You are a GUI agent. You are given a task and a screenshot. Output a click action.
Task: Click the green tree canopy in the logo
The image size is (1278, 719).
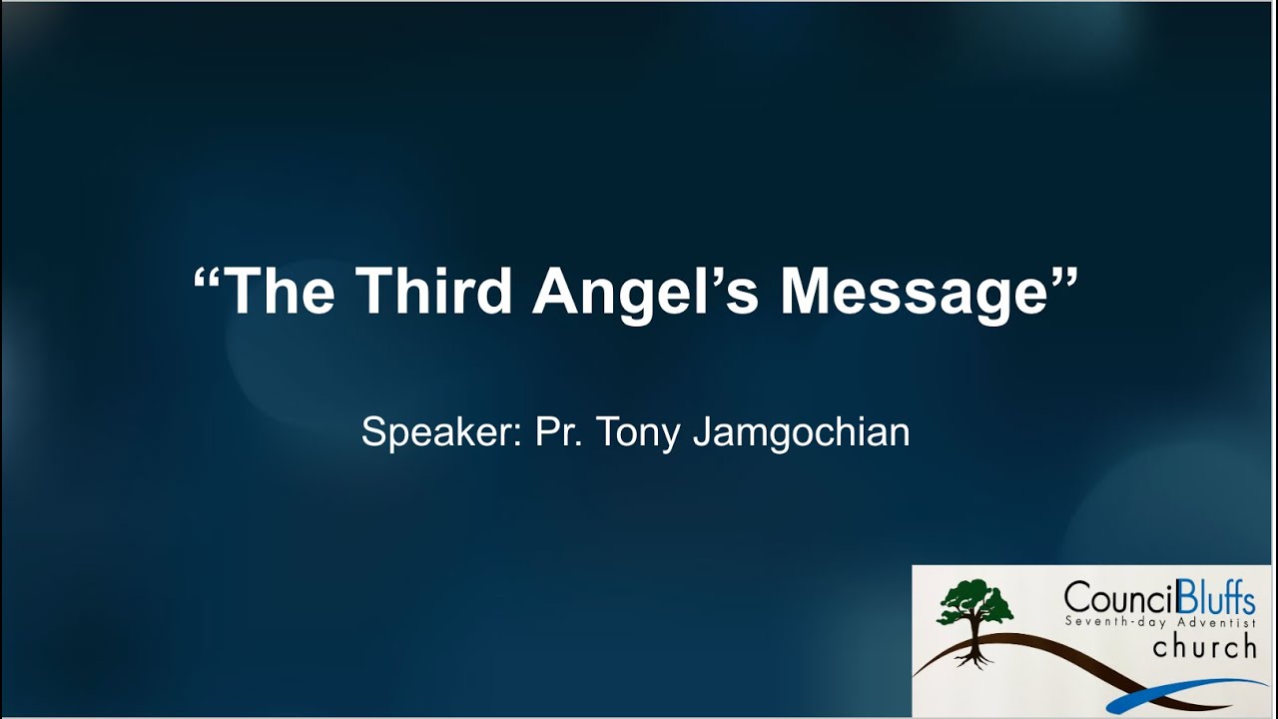pyautogui.click(x=973, y=604)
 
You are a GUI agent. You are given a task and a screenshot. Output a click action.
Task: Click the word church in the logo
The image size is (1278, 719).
pyautogui.click(x=1204, y=647)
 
